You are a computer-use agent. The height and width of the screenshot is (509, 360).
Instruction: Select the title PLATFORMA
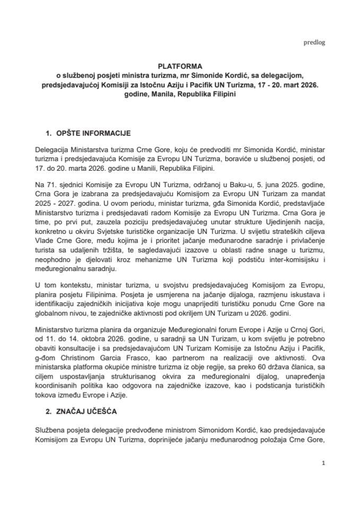(x=180, y=67)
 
